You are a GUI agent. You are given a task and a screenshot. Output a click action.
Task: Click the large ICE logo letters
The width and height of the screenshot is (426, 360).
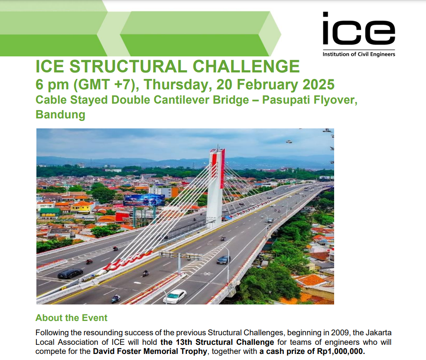(358, 29)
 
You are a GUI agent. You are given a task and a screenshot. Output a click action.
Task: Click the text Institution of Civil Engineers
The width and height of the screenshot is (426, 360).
(358, 54)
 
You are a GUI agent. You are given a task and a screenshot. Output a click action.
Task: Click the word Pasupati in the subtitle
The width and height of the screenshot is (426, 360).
(286, 100)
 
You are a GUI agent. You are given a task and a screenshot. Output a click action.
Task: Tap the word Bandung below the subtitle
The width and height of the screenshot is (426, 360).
(60, 115)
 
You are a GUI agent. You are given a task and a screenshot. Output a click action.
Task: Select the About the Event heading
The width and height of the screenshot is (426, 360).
(71, 318)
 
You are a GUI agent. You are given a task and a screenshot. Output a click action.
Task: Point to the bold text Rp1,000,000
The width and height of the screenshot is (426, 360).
(339, 352)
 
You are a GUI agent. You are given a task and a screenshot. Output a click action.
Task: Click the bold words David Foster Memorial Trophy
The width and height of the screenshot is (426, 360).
(151, 352)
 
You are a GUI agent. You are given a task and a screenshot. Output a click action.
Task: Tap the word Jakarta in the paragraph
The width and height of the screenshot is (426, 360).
(377, 333)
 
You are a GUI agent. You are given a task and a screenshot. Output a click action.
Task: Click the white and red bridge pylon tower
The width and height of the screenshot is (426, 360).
(216, 187)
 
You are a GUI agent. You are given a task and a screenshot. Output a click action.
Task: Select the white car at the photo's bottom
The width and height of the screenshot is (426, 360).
(175, 296)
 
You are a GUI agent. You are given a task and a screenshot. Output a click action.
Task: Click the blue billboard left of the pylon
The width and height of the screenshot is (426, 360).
(144, 200)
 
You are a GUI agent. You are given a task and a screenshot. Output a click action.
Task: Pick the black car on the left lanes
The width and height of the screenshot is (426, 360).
(70, 273)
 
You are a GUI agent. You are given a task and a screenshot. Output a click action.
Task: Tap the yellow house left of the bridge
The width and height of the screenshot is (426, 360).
(82, 207)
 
